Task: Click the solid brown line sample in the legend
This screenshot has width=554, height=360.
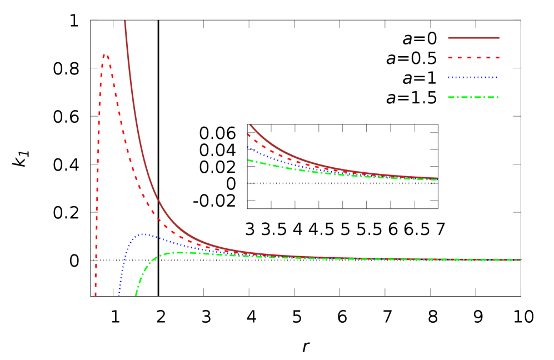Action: [x=473, y=38]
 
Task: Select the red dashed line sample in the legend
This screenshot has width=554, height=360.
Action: [x=473, y=58]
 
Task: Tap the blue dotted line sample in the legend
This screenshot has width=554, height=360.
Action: [x=473, y=78]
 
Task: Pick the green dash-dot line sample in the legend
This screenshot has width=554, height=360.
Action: [x=473, y=97]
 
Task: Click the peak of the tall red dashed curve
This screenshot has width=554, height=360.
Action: [x=105, y=54]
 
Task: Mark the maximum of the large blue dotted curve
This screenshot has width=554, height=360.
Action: [x=143, y=234]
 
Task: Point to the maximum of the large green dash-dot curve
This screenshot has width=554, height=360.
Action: [x=178, y=252]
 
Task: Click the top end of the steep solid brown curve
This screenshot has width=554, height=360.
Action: [x=125, y=21]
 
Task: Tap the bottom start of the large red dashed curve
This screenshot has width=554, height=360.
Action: [x=96, y=295]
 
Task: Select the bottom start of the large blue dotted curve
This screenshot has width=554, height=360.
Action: [x=119, y=295]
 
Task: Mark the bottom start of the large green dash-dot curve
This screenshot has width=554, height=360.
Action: [x=136, y=295]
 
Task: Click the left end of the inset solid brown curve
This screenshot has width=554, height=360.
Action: [x=250, y=124]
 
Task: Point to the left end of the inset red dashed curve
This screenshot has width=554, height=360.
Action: [x=248, y=134]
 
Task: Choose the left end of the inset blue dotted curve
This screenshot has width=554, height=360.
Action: [x=248, y=147]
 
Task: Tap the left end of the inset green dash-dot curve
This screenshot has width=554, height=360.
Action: [x=248, y=160]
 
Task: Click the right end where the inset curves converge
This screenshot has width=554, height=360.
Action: [x=437, y=179]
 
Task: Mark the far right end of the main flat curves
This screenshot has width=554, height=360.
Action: [x=521, y=259]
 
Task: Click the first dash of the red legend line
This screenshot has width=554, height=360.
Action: [x=451, y=58]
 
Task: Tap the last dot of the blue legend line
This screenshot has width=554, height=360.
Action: [x=497, y=78]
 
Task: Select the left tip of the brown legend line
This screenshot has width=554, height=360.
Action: [x=449, y=38]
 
